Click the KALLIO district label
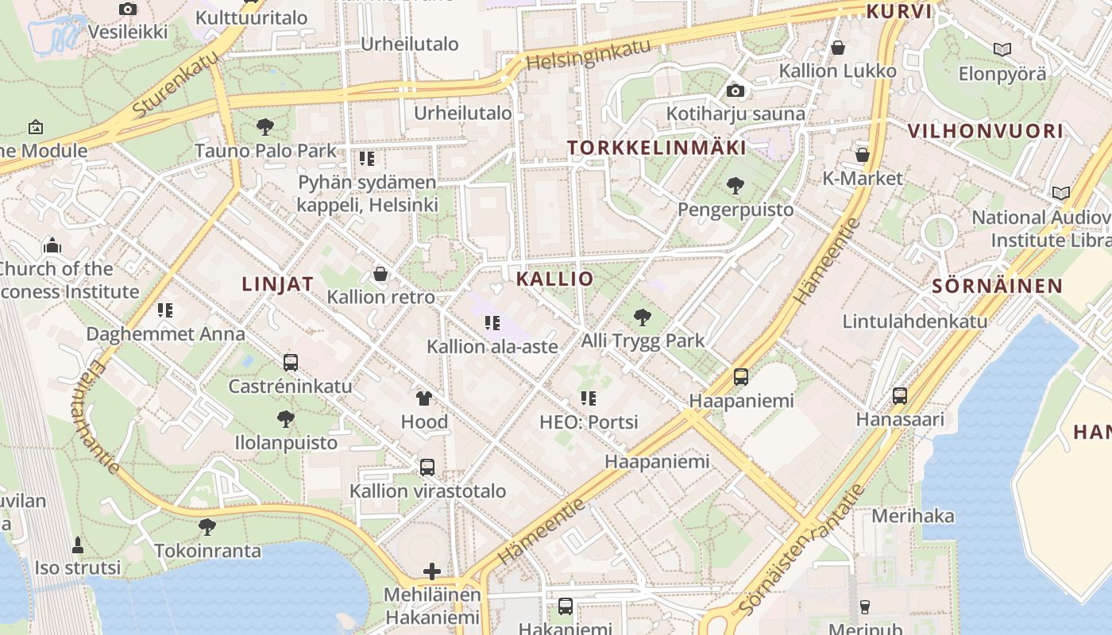pyautogui.click(x=554, y=279)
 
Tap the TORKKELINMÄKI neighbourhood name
pyautogui.click(x=657, y=148)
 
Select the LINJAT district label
pyautogui.click(x=277, y=284)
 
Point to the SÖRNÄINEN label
pyautogui.click(x=997, y=287)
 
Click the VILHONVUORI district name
pyautogui.click(x=984, y=131)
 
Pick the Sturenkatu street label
pyautogui.click(x=176, y=83)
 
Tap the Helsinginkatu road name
pyautogui.click(x=588, y=53)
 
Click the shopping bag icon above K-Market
pyautogui.click(x=862, y=155)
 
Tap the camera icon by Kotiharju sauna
pyautogui.click(x=736, y=90)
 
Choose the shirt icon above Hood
pyautogui.click(x=423, y=398)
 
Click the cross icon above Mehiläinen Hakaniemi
pyautogui.click(x=432, y=571)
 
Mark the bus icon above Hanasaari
pyautogui.click(x=899, y=395)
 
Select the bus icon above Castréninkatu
pyautogui.click(x=291, y=363)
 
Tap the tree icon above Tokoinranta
pyautogui.click(x=207, y=526)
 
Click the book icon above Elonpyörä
pyautogui.click(x=1002, y=50)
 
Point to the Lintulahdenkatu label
pyautogui.click(x=914, y=321)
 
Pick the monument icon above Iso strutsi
pyautogui.click(x=78, y=545)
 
